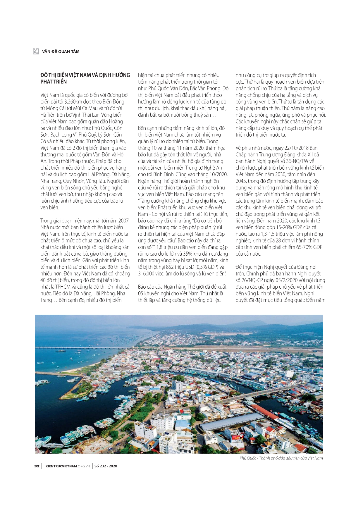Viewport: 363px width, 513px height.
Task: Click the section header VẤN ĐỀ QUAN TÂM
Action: pos(61,51)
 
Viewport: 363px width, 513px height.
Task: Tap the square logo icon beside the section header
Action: pos(36,51)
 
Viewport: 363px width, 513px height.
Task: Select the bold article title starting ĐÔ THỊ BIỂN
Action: pos(85,78)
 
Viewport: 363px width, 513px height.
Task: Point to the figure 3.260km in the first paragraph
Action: pos(75,102)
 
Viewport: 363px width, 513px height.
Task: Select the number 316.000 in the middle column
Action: pos(147,274)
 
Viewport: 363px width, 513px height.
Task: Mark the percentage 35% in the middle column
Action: pos(188,254)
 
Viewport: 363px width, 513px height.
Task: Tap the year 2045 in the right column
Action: pos(241,181)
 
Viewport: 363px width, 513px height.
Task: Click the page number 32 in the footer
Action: pos(37,466)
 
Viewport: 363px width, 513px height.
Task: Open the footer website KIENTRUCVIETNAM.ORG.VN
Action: pos(68,466)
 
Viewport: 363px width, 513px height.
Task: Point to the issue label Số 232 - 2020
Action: pos(106,466)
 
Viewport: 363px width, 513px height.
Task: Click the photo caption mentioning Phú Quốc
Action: pos(281,458)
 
